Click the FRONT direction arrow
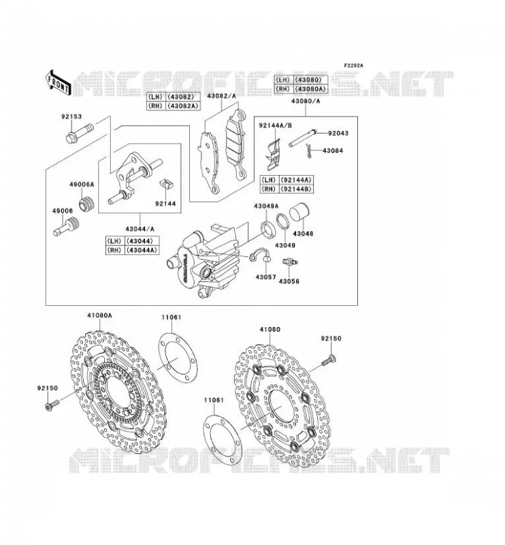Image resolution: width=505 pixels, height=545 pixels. pyautogui.click(x=59, y=82)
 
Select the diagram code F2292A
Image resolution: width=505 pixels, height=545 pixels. pyautogui.click(x=354, y=65)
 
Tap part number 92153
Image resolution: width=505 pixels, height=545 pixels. pyautogui.click(x=71, y=116)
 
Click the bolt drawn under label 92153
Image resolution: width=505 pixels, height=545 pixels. pyautogui.click(x=80, y=133)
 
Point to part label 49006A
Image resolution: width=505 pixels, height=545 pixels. pyautogui.click(x=82, y=184)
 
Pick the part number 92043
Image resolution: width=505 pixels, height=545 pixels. pyautogui.click(x=338, y=133)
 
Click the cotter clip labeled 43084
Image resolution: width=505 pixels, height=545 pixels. pyautogui.click(x=310, y=151)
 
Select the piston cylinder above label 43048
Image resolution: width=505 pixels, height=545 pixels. pyautogui.click(x=300, y=212)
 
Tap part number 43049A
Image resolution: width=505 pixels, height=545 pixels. pyautogui.click(x=266, y=206)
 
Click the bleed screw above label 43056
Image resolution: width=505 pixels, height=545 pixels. pyautogui.click(x=290, y=262)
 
